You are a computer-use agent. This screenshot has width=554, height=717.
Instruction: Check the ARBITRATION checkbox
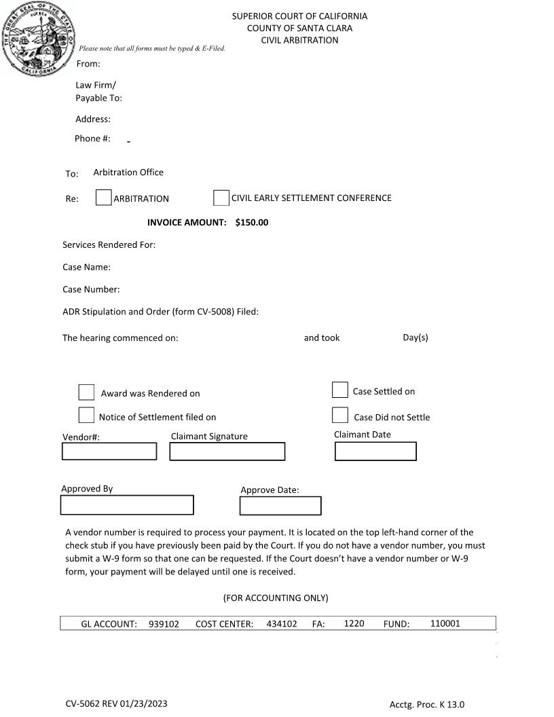point(103,198)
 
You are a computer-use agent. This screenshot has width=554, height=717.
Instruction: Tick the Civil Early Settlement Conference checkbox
point(221,198)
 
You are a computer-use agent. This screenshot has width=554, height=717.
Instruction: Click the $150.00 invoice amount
point(251,223)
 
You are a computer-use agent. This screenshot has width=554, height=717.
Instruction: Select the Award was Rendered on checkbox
point(86,392)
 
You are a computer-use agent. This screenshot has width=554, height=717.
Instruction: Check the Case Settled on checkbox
point(339,390)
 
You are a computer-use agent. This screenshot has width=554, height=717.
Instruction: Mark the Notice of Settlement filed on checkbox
point(86,415)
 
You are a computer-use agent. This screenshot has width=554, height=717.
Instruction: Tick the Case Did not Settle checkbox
point(339,415)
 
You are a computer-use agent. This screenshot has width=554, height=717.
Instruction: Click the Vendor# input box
point(109,451)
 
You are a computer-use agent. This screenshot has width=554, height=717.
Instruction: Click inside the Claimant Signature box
point(227,451)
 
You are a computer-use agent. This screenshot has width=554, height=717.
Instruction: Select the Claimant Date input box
point(375,451)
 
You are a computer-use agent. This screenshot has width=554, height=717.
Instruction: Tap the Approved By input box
point(127,505)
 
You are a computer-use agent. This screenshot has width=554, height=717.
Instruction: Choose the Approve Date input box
point(280,506)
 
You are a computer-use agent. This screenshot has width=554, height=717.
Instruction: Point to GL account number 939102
point(164,624)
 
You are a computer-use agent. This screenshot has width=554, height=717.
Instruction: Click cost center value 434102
point(281,624)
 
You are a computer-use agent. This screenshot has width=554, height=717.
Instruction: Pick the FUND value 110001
point(445,623)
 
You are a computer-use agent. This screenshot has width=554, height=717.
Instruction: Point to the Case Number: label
point(91,290)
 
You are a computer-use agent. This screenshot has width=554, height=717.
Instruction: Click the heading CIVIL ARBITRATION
point(299,40)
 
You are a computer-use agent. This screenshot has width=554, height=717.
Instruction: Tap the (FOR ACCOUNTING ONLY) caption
point(275,598)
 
